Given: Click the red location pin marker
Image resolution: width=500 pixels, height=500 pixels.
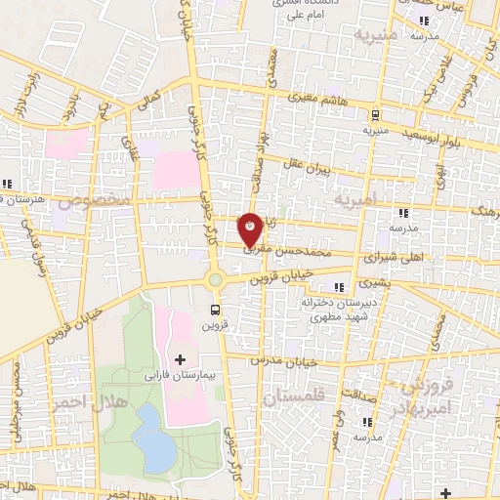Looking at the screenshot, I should click(x=251, y=228).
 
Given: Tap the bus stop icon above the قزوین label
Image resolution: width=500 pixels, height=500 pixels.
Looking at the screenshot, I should click(x=215, y=311).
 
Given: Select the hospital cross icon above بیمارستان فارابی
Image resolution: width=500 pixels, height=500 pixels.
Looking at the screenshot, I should click(x=179, y=359).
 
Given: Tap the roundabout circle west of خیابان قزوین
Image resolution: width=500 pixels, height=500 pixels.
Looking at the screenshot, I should click(x=215, y=280).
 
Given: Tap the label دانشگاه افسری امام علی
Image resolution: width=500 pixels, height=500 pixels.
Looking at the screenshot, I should click(x=304, y=11).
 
